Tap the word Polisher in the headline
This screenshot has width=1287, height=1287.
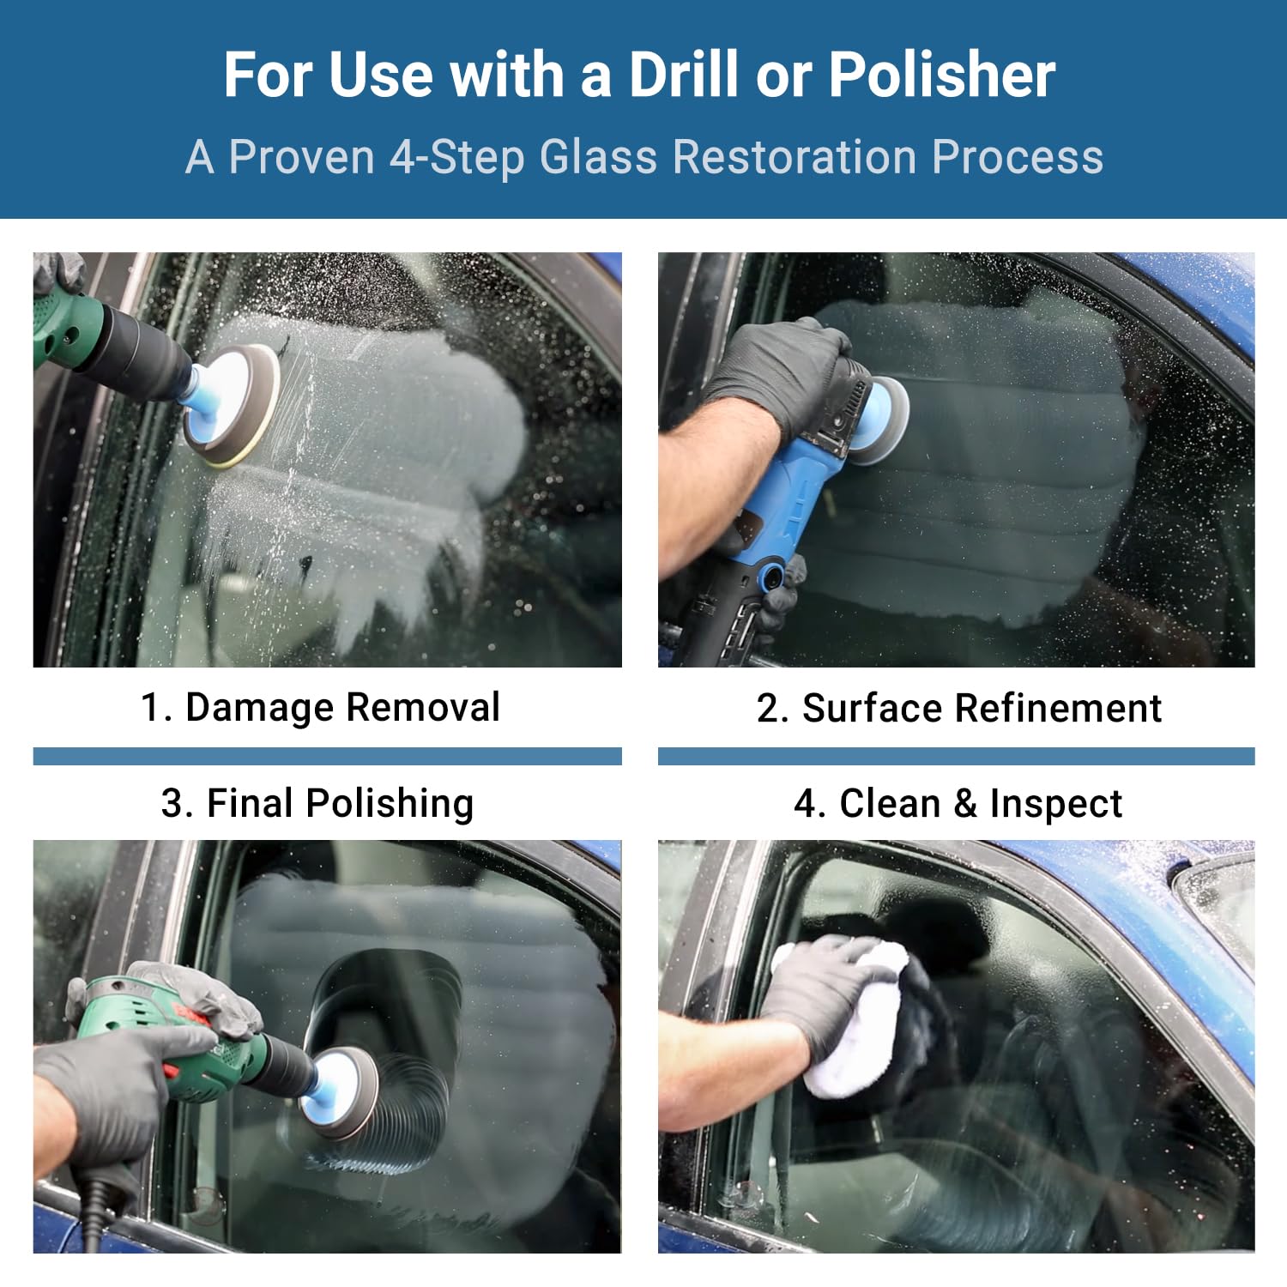pyautogui.click(x=942, y=75)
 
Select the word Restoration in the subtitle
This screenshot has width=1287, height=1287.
pyautogui.click(x=795, y=157)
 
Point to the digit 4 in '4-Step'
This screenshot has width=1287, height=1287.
pyautogui.click(x=402, y=158)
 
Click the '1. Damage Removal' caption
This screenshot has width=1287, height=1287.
pyautogui.click(x=320, y=707)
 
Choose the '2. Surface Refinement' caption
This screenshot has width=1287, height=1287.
pyautogui.click(x=958, y=708)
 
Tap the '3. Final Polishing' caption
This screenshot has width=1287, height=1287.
pyautogui.click(x=317, y=804)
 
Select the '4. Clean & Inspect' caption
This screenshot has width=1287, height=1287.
pyautogui.click(x=958, y=804)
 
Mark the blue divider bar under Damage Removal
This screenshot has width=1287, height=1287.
pyautogui.click(x=327, y=756)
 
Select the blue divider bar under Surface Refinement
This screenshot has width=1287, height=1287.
pyautogui.click(x=956, y=756)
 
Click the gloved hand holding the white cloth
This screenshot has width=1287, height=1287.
pyautogui.click(x=824, y=995)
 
